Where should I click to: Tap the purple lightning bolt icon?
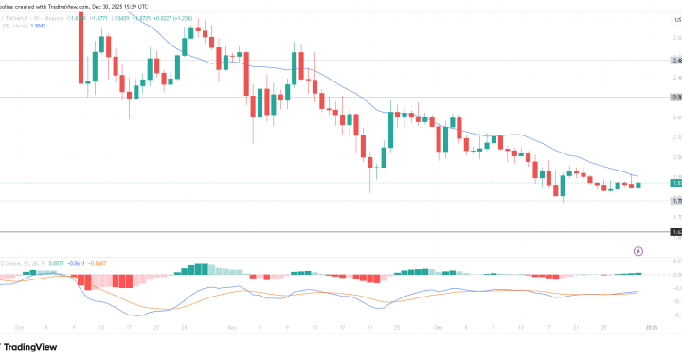tap(637, 251)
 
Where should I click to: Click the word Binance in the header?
tap(68, 17)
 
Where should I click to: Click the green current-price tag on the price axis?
tap(675, 182)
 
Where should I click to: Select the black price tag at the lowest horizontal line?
tap(675, 231)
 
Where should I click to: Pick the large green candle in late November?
tap(390, 129)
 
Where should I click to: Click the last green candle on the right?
tap(638, 184)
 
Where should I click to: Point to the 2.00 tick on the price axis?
tap(675, 157)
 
